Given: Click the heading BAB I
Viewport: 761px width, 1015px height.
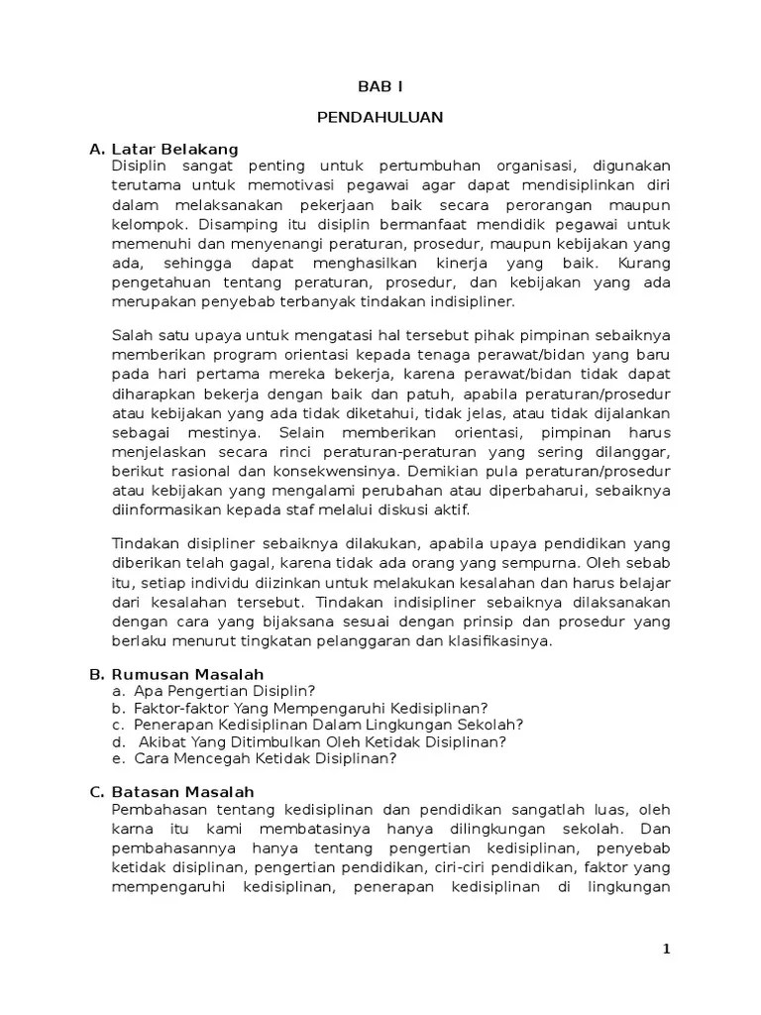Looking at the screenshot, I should click(380, 86).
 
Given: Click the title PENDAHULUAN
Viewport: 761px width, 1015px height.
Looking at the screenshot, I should click(380, 117).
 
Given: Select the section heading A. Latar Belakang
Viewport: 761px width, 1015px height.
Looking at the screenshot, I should click(163, 149).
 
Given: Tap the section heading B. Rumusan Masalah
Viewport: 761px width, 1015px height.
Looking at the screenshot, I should click(175, 674).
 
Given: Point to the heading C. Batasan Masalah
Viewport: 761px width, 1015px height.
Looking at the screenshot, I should click(171, 792).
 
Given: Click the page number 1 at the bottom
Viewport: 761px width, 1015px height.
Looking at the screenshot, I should click(667, 949).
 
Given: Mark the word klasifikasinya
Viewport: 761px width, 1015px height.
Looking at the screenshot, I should click(496, 640).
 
